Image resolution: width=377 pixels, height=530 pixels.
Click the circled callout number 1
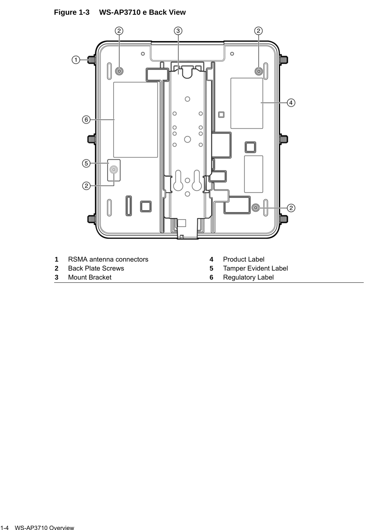[75, 60]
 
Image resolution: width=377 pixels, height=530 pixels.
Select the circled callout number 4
[291, 103]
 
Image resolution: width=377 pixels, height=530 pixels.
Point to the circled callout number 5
[86, 163]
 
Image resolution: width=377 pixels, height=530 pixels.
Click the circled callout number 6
[86, 119]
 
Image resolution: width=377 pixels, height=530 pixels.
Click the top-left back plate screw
[119, 71]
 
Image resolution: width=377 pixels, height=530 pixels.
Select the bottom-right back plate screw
[255, 208]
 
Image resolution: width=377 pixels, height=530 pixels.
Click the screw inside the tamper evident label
[114, 170]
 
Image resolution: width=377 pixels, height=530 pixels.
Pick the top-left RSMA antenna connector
[91, 60]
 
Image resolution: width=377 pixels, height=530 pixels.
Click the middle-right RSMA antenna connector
[283, 139]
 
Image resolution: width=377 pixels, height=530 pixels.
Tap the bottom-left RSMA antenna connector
[91, 218]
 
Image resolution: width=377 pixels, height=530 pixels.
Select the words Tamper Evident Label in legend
[255, 268]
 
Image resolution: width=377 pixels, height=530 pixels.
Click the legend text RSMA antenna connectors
[108, 259]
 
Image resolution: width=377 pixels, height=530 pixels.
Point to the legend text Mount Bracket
[90, 277]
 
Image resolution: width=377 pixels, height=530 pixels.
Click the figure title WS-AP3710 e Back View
[142, 12]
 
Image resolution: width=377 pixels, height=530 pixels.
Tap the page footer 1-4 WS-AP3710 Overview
[37, 527]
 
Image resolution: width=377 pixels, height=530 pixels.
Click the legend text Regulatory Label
[248, 277]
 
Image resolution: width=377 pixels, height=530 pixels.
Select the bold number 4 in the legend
[212, 259]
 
